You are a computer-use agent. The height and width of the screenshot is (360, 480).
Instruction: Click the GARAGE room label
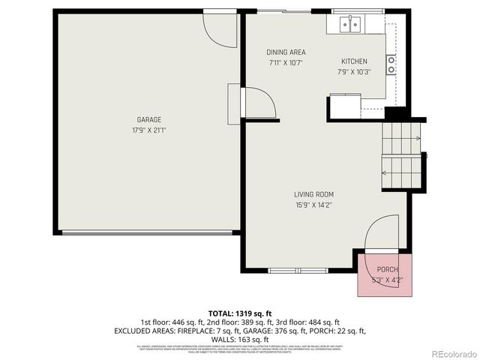click(x=148, y=119)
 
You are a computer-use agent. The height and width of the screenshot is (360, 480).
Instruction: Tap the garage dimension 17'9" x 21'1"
click(x=148, y=129)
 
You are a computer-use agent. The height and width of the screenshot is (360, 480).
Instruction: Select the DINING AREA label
click(x=285, y=52)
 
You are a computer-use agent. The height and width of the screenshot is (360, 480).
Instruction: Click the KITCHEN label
click(x=354, y=61)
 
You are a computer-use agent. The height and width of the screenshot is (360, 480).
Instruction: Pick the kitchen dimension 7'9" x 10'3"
click(x=354, y=71)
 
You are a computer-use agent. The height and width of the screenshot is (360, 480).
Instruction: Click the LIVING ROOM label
click(x=313, y=193)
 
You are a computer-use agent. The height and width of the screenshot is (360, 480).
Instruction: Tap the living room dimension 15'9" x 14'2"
click(x=313, y=204)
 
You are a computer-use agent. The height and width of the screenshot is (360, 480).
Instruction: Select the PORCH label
click(x=387, y=269)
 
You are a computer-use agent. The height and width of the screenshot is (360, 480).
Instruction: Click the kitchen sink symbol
click(x=349, y=25)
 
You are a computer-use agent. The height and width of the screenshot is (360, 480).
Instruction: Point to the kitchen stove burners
click(x=391, y=64)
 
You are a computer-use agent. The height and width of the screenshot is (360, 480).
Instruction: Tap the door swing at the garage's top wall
click(x=216, y=26)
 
